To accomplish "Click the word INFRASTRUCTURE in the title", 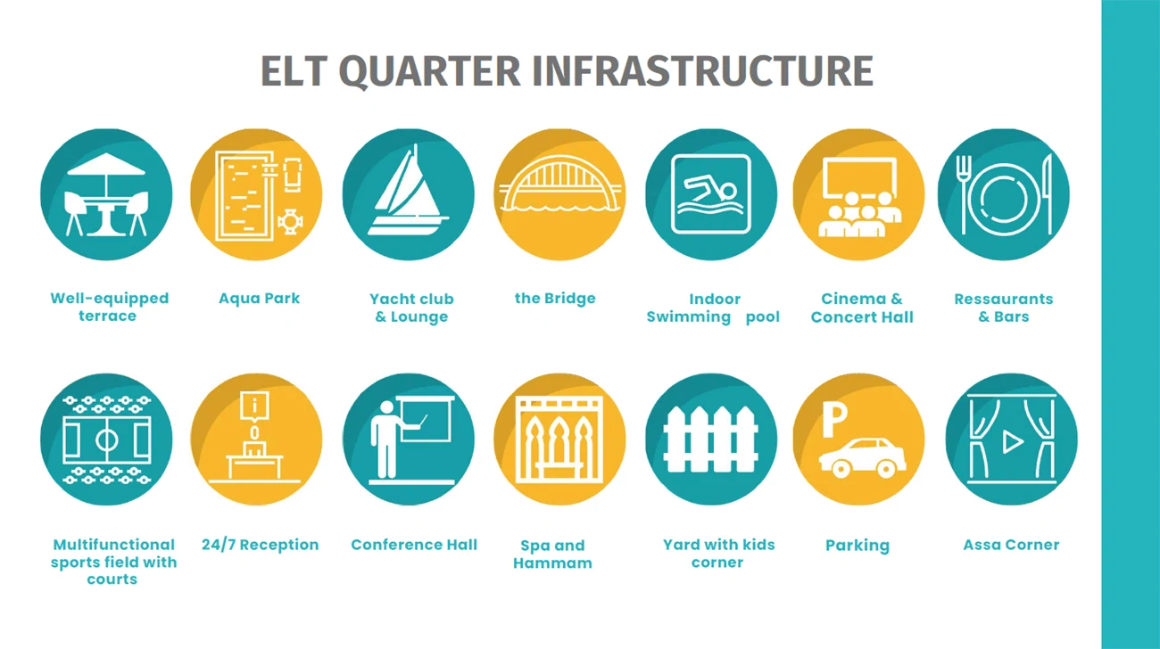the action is [703, 70].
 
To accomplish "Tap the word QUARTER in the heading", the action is [429, 71].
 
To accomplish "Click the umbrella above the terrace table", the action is [106, 166].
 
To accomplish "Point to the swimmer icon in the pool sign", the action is [710, 192].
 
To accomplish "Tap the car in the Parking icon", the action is [862, 457].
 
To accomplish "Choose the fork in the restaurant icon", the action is [963, 194].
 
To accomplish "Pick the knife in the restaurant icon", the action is [1048, 193].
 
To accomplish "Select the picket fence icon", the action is [710, 440].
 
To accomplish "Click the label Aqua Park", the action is [259, 299].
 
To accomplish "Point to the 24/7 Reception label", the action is [260, 545].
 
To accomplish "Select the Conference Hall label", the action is [414, 545].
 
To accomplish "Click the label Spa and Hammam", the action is [552, 554].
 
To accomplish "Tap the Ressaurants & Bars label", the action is [1004, 308].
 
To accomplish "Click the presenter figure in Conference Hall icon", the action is [385, 439].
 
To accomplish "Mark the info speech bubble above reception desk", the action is [254, 407].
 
